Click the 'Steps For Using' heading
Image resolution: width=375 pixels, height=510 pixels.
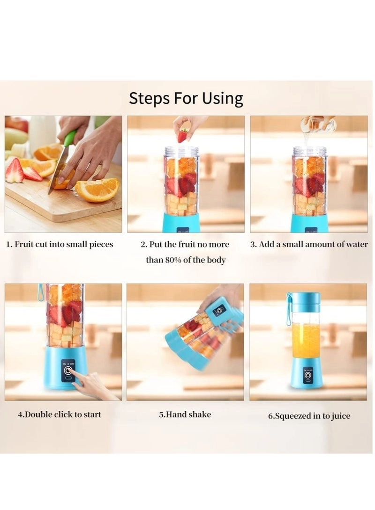click(x=186, y=98)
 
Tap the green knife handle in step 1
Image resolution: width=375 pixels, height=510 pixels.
click(x=70, y=138)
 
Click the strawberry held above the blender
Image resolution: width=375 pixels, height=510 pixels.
click(x=183, y=135)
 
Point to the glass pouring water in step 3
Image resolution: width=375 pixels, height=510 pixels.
click(x=318, y=124)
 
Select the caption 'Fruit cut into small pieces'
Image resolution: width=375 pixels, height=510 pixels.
click(x=64, y=244)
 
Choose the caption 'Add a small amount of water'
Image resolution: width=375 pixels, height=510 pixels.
click(x=313, y=244)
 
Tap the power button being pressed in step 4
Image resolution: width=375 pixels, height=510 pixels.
click(x=68, y=371)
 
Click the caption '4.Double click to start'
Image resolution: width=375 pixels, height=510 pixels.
click(x=59, y=415)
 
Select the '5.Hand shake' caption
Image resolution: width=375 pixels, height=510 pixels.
click(x=185, y=415)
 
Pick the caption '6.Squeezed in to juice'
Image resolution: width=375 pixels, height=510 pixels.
click(x=309, y=416)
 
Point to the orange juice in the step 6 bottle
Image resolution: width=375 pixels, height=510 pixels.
click(x=306, y=340)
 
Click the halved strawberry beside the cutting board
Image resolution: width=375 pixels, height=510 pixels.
click(x=14, y=171)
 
